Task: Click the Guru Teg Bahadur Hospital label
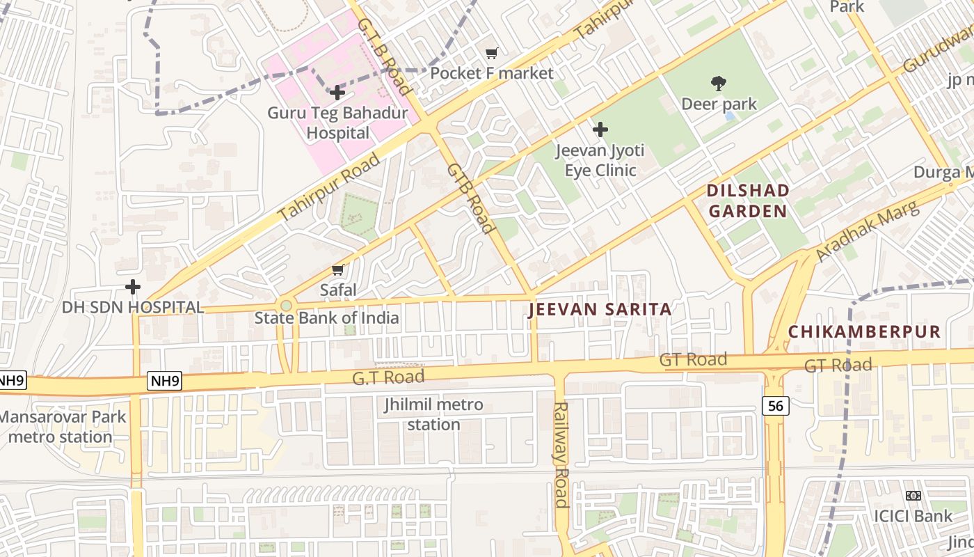pyautogui.click(x=337, y=123)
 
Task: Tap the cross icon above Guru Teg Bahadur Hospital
pyautogui.click(x=337, y=93)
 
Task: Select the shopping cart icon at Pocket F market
pyautogui.click(x=492, y=54)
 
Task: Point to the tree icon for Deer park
pyautogui.click(x=719, y=84)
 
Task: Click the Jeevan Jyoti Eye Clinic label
pyautogui.click(x=600, y=160)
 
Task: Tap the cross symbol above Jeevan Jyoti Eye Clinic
pyautogui.click(x=600, y=130)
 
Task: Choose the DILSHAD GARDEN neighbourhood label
pyautogui.click(x=748, y=201)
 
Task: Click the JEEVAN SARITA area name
pyautogui.click(x=600, y=310)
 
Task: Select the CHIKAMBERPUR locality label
pyautogui.click(x=864, y=332)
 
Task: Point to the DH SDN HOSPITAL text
pyautogui.click(x=133, y=307)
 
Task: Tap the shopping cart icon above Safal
pyautogui.click(x=338, y=270)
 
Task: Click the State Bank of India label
pyautogui.click(x=326, y=318)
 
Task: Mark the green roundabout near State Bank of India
pyautogui.click(x=285, y=305)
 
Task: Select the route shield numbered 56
pyautogui.click(x=775, y=406)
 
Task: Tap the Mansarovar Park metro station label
pyautogui.click(x=61, y=427)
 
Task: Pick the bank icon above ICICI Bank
pyautogui.click(x=913, y=496)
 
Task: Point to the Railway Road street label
pyautogui.click(x=561, y=454)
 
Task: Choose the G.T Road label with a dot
pyautogui.click(x=388, y=377)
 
